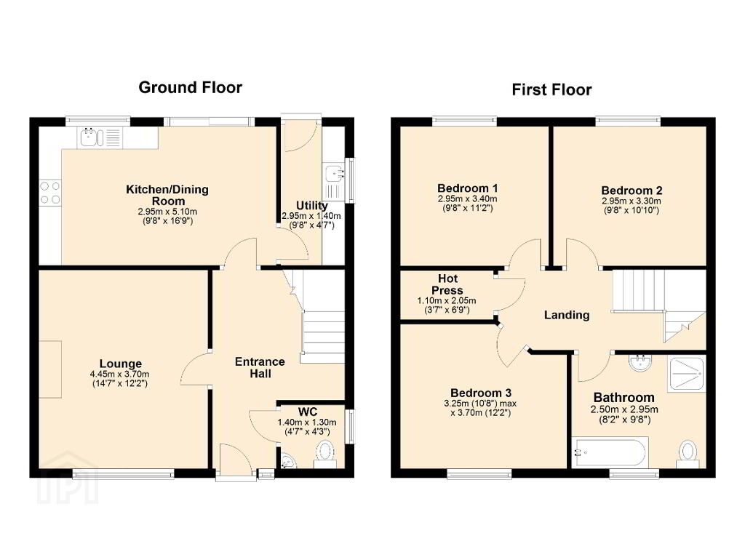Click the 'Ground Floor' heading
click(x=190, y=87)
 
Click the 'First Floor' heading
click(x=551, y=89)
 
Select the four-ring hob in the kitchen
click(x=50, y=193)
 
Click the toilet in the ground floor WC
click(x=325, y=454)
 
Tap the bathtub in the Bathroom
click(x=610, y=453)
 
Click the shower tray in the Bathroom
click(x=686, y=374)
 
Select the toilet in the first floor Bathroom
click(x=688, y=454)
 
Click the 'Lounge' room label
click(x=121, y=364)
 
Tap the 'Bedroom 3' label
click(x=481, y=393)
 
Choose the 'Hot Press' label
click(x=447, y=284)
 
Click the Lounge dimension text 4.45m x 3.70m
click(x=120, y=374)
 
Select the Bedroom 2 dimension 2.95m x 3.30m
click(x=631, y=201)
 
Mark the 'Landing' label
click(x=566, y=315)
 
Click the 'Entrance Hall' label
click(x=260, y=368)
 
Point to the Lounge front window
click(x=124, y=473)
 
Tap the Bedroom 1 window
click(x=464, y=121)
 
